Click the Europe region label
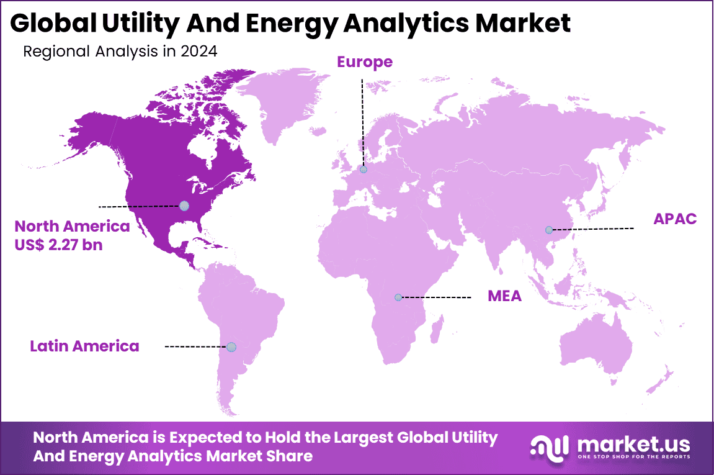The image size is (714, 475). (x=364, y=62)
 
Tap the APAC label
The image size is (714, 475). (x=675, y=219)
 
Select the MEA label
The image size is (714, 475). (x=504, y=296)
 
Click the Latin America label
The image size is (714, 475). (x=84, y=346)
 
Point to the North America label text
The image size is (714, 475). (x=72, y=226)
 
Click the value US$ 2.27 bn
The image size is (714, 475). (x=58, y=245)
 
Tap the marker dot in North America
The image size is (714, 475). (x=184, y=206)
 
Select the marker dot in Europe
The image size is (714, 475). (x=363, y=169)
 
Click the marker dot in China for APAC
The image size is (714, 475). (x=548, y=230)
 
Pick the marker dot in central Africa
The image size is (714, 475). (x=398, y=297)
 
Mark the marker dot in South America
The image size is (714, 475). (x=231, y=346)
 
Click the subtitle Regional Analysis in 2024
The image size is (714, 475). (x=120, y=52)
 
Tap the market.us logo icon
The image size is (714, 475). (x=550, y=446)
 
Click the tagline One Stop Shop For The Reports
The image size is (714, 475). (x=633, y=457)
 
